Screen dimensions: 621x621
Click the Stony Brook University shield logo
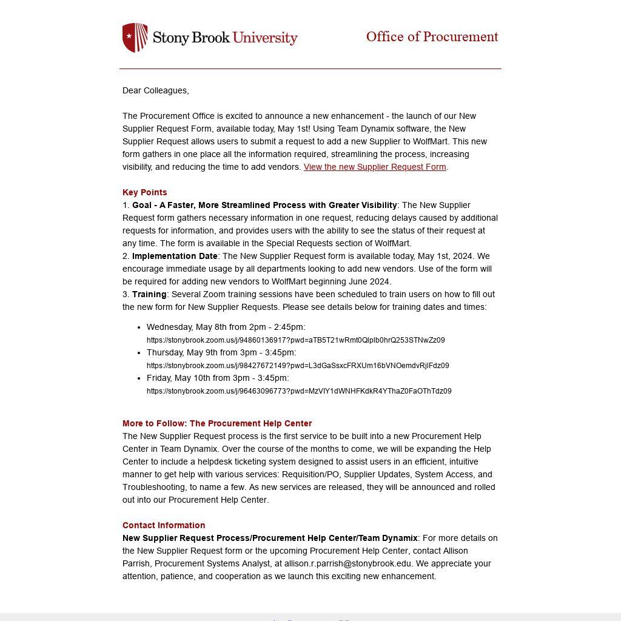135,38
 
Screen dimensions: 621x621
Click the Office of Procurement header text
432,37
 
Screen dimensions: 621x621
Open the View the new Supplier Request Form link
375,167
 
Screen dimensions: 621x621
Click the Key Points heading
144,192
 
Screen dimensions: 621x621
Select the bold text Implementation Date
175,256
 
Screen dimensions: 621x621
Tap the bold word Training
149,294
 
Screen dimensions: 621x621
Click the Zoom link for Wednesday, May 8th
295,340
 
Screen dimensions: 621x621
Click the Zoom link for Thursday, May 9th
298,366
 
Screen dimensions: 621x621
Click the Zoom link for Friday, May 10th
299,391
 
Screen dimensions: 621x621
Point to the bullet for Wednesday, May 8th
139,327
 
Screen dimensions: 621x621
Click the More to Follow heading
217,423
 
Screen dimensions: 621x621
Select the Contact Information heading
164,525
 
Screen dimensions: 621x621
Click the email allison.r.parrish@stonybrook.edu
348,563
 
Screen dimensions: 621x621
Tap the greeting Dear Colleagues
155,90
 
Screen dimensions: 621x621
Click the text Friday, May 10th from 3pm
218,378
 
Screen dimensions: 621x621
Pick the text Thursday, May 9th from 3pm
221,352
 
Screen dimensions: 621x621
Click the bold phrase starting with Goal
264,205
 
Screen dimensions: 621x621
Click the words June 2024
370,281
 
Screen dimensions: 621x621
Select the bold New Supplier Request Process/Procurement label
270,538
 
